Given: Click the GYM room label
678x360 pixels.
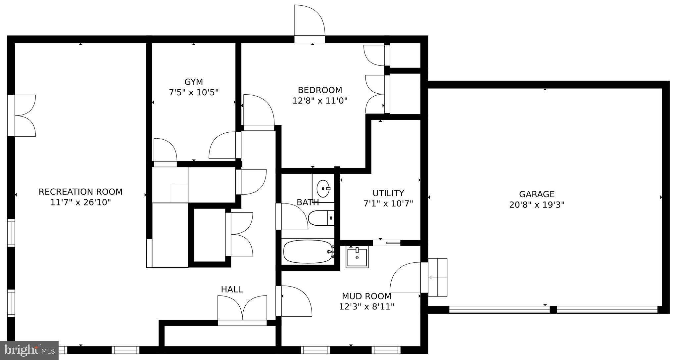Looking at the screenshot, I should tap(194, 82).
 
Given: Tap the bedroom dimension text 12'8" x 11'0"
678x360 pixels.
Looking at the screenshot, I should tap(320, 101).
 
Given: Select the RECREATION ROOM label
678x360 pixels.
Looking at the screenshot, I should tap(80, 192).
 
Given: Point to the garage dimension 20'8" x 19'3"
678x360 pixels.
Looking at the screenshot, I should tap(537, 205).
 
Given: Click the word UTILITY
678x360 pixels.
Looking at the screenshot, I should tap(388, 193).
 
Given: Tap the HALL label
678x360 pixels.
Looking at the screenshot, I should tap(232, 290).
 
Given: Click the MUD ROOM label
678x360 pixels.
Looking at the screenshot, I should tap(366, 296).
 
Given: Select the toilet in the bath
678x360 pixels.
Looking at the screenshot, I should tap(320, 218).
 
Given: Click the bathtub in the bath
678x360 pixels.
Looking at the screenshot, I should tap(308, 252).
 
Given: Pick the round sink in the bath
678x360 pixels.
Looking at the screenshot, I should tap(323, 189).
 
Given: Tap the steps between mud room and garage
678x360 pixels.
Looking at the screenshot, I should tap(438, 277).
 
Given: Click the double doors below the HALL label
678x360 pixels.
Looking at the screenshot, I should tap(242, 309).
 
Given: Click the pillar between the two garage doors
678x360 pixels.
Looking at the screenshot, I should tap(553, 310).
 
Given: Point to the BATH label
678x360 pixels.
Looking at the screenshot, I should tap(308, 202).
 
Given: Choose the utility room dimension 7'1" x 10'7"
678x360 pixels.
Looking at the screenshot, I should tap(388, 203).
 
